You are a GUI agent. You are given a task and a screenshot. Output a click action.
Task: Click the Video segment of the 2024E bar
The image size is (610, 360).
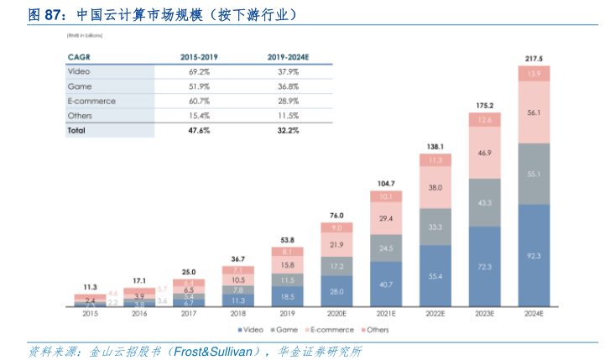[534, 254]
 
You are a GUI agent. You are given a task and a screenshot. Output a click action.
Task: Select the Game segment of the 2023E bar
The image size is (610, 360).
[484, 203]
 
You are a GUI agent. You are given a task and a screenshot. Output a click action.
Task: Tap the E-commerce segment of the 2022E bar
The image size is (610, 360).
[435, 189]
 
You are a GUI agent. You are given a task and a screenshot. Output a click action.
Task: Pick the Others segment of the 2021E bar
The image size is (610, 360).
[386, 196]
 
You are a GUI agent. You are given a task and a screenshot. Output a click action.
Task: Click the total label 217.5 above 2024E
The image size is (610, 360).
[534, 58]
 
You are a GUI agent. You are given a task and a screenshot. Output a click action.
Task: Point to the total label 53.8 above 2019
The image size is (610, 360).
[287, 240]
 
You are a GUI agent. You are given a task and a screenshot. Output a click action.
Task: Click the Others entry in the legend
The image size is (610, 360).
[376, 330]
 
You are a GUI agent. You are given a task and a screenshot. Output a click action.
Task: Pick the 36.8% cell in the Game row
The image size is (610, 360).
[288, 86]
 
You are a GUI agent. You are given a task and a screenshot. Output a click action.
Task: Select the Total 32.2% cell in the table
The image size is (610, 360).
[288, 131]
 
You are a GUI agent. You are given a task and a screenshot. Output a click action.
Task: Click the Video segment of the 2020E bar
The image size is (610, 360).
[336, 291]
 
